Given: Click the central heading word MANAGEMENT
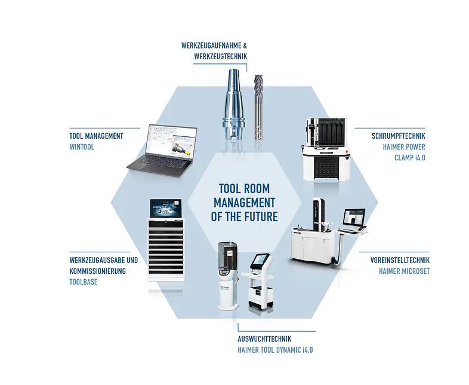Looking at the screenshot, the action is click(245, 203).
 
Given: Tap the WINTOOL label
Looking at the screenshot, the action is click(82, 147).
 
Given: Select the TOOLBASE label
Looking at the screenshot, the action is click(84, 282).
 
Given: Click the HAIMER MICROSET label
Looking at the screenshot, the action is click(404, 271).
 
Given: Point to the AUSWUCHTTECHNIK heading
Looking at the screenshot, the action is click(264, 339).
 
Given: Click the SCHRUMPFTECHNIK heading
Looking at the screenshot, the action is click(399, 136).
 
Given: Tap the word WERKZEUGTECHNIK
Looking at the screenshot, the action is click(221, 56).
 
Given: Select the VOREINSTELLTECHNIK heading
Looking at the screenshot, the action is click(400, 260).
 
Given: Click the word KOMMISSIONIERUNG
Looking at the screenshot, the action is click(97, 271).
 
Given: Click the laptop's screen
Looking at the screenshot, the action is click(172, 140).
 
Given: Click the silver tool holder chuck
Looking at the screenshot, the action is click(233, 104).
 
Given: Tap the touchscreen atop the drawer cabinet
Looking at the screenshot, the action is click(166, 208).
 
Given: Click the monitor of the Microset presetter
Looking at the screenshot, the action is click(354, 218).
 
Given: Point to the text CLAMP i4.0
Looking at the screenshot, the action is click(410, 158).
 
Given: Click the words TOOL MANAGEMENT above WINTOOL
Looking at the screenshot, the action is click(96, 136).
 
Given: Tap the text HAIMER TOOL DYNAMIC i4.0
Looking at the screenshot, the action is click(275, 350).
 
